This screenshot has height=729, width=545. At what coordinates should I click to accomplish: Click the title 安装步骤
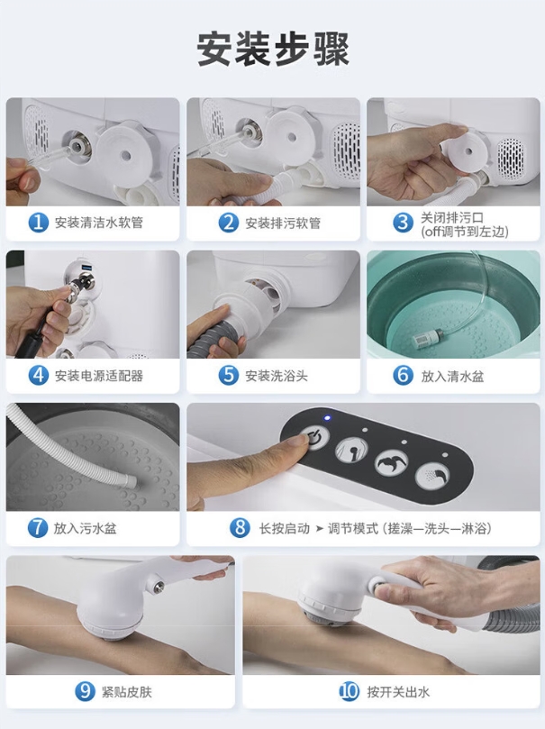[273, 50]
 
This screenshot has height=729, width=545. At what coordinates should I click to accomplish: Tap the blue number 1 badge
[38, 223]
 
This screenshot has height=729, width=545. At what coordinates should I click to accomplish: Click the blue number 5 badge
[228, 375]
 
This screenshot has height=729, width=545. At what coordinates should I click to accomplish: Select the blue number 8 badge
[240, 528]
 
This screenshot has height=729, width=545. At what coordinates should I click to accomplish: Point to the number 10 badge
[349, 691]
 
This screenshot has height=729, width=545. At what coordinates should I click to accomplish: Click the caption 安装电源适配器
[98, 376]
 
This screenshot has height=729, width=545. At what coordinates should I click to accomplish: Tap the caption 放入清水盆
[452, 376]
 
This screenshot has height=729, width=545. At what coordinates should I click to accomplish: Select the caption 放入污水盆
[85, 528]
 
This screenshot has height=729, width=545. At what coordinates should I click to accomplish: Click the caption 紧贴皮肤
[126, 692]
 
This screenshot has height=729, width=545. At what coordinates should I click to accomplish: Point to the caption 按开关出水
[398, 692]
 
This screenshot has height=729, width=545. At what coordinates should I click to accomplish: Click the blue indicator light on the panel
[328, 417]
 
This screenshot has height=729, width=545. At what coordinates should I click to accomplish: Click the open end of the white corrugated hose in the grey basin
[133, 481]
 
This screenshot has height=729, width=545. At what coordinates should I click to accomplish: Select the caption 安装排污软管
[283, 223]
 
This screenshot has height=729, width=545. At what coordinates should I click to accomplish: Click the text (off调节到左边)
[465, 232]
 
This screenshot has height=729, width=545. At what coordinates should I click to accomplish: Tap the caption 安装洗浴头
[276, 376]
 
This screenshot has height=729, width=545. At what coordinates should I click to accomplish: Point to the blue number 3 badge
[403, 223]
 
